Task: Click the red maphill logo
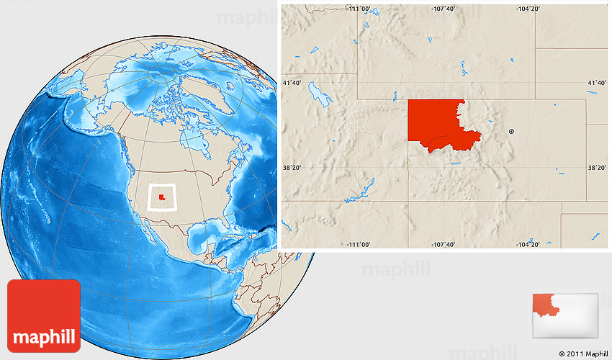44,316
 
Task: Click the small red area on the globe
162,197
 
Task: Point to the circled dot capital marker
511,132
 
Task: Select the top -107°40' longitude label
444,9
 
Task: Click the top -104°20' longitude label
528,9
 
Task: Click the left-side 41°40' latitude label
292,84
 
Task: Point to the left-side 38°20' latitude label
292,168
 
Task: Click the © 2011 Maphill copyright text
583,354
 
